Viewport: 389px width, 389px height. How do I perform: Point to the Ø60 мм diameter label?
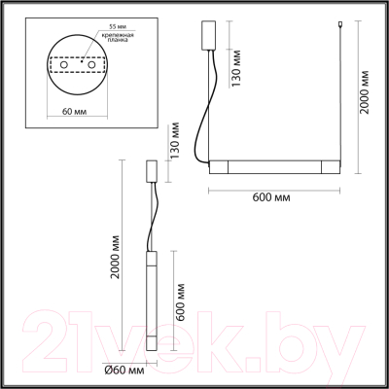point(124,371)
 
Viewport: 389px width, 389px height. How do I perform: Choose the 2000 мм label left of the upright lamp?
point(117,260)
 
